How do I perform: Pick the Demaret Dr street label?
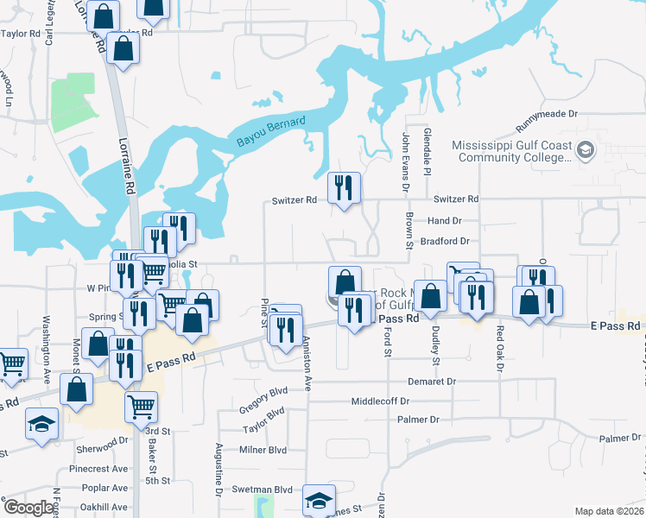coord(432,381)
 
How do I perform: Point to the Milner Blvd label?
coord(263,450)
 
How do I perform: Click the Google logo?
coord(28,508)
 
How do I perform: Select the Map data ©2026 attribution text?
coord(609,511)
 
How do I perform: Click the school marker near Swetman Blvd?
coord(319,500)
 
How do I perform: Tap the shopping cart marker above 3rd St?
coord(141,406)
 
